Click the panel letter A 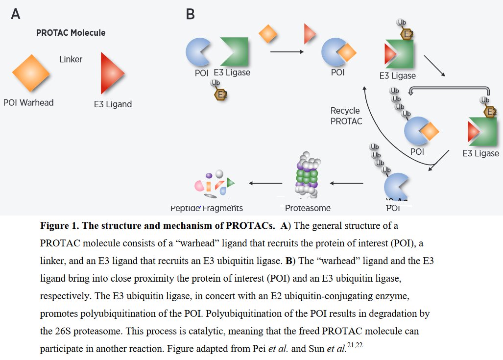click(16, 14)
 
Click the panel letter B click(190, 14)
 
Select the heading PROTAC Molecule click(71, 33)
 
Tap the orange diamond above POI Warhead click(31, 73)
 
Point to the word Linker click(71, 59)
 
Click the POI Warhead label click(28, 102)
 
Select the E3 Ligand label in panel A click(113, 104)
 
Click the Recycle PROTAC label click(346, 116)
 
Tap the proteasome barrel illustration click(307, 176)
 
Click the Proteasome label click(308, 208)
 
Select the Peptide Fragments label click(207, 208)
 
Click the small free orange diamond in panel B click(267, 34)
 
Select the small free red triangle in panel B click(309, 34)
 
